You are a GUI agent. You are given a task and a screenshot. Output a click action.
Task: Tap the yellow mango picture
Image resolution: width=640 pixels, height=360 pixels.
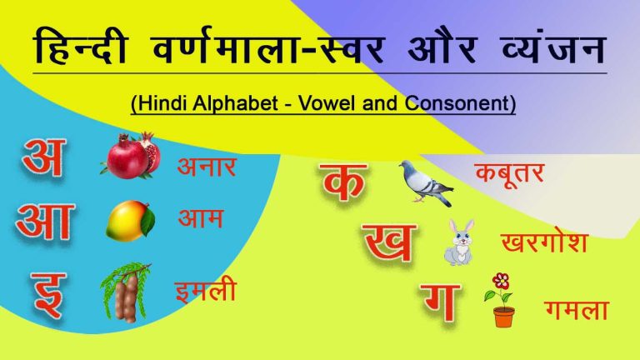130,220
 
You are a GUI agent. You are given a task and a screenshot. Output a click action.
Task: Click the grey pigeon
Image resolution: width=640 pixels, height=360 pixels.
425,182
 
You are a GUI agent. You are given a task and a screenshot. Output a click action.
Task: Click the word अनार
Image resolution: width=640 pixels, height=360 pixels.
206,166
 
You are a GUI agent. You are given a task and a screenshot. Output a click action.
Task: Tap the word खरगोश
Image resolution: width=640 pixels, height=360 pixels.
544,242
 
